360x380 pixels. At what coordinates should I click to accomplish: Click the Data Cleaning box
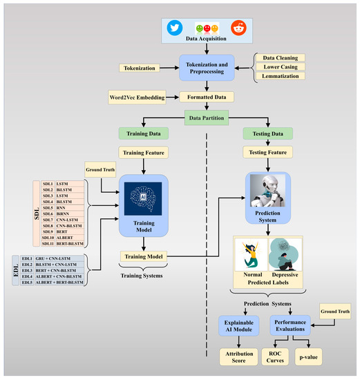point(281,58)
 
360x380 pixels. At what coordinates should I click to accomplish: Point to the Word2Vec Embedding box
point(137,97)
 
